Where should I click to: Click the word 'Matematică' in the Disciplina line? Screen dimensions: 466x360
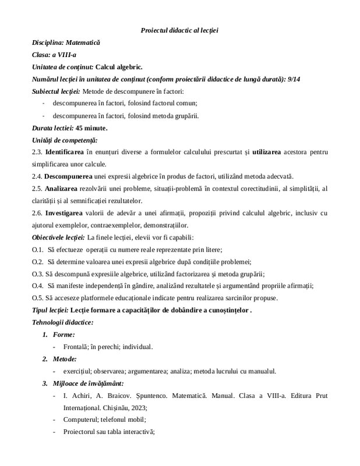click(83, 43)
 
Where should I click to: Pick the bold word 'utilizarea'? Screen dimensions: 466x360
click(270, 153)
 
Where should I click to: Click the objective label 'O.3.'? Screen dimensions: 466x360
click(38, 274)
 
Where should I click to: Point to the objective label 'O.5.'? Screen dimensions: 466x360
click(38, 298)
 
